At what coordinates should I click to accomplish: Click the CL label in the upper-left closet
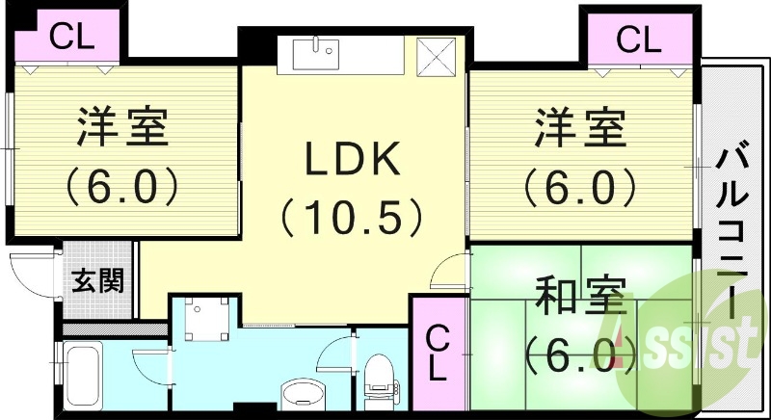[x=71, y=38]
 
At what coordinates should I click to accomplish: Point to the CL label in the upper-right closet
[x=639, y=40]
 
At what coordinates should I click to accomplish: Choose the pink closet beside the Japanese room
[x=438, y=352]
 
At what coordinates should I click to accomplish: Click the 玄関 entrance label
[x=98, y=281]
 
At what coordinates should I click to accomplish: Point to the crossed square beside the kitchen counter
[x=437, y=57]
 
